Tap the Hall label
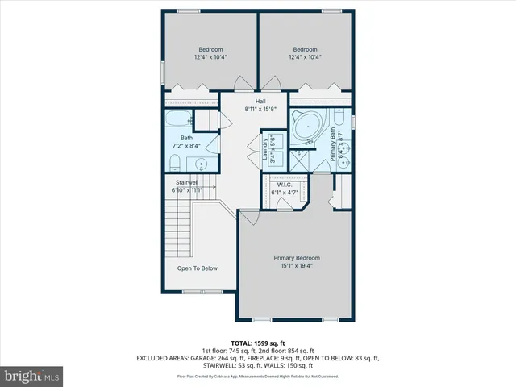tap(260, 101)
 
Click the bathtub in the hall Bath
tap(177, 121)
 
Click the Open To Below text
tap(197, 268)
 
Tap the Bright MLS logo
tap(32, 376)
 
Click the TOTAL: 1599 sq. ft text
tap(258, 343)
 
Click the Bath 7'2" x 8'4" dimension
tap(186, 146)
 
